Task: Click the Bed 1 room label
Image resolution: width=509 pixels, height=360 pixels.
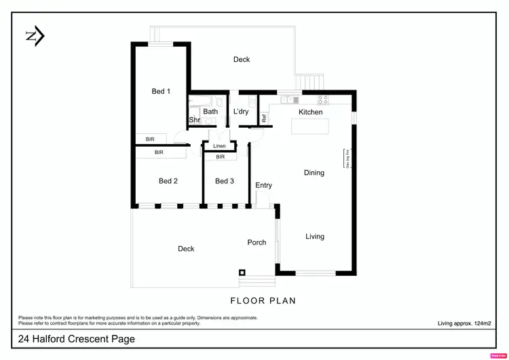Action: [160, 91]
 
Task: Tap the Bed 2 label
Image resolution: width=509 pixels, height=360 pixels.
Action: [168, 181]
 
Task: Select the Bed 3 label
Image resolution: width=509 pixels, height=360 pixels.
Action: [225, 181]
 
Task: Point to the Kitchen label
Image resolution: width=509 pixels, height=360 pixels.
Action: [311, 112]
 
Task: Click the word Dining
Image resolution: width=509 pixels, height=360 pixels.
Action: [314, 173]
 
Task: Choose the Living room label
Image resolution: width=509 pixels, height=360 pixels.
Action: [315, 236]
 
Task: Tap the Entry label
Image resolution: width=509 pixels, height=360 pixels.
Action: [263, 185]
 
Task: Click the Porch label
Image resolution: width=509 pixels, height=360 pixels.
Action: [257, 242]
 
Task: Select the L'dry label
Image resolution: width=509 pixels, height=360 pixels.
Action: [240, 112]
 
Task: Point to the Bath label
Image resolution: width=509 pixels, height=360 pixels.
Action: [210, 111]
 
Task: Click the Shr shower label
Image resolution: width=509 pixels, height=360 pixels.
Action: [194, 120]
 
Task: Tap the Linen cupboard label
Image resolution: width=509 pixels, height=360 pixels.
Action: [219, 146]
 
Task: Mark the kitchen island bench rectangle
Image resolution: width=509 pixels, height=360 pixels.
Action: [309, 127]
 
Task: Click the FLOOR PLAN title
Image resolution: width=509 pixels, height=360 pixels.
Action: [263, 300]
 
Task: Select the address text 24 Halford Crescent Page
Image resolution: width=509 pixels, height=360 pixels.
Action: [77, 339]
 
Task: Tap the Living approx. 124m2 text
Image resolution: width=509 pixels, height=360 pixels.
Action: [465, 324]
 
